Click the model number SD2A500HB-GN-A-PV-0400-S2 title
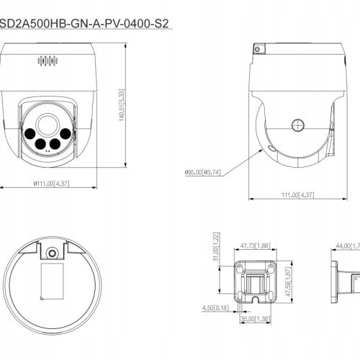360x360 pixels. [x=87, y=23]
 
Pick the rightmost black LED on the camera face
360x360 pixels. [x=65, y=133]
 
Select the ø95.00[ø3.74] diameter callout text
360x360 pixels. [x=202, y=171]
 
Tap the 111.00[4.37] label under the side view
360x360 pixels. [x=297, y=194]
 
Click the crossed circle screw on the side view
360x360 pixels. [x=297, y=125]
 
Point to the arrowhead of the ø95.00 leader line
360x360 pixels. [x=266, y=149]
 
